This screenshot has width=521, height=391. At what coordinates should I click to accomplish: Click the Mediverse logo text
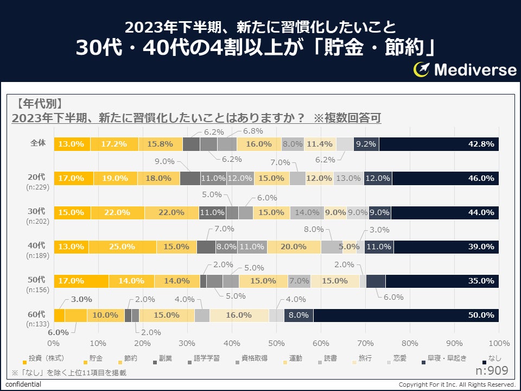475,70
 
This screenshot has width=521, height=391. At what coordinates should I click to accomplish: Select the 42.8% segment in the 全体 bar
439,144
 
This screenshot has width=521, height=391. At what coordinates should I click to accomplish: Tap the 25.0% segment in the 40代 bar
123,247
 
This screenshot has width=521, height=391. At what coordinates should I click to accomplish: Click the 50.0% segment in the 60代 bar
406,315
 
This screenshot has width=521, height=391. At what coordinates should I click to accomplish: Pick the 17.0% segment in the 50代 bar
81,281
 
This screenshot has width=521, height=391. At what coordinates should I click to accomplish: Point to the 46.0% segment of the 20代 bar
445,178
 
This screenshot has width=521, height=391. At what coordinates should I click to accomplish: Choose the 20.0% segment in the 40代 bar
294,247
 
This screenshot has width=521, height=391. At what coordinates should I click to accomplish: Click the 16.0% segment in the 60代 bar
239,315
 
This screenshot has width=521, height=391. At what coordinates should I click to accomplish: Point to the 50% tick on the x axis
277,343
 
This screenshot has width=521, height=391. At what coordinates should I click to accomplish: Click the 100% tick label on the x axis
499,343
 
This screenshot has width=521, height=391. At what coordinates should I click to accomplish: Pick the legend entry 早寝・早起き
442,359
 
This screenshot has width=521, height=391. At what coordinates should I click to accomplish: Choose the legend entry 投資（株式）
46,359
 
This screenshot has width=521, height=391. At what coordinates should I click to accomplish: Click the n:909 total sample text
491,371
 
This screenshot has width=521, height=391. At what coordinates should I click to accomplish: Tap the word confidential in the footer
23,384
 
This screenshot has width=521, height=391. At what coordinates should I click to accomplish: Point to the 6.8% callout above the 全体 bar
252,131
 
